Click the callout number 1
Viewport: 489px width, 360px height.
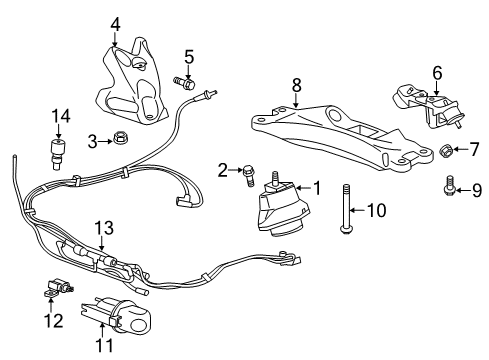(317, 187)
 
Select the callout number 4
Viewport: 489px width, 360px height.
(115, 22)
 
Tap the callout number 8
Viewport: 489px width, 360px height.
(296, 86)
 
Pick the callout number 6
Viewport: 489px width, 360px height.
(437, 72)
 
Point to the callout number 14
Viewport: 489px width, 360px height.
(59, 115)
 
